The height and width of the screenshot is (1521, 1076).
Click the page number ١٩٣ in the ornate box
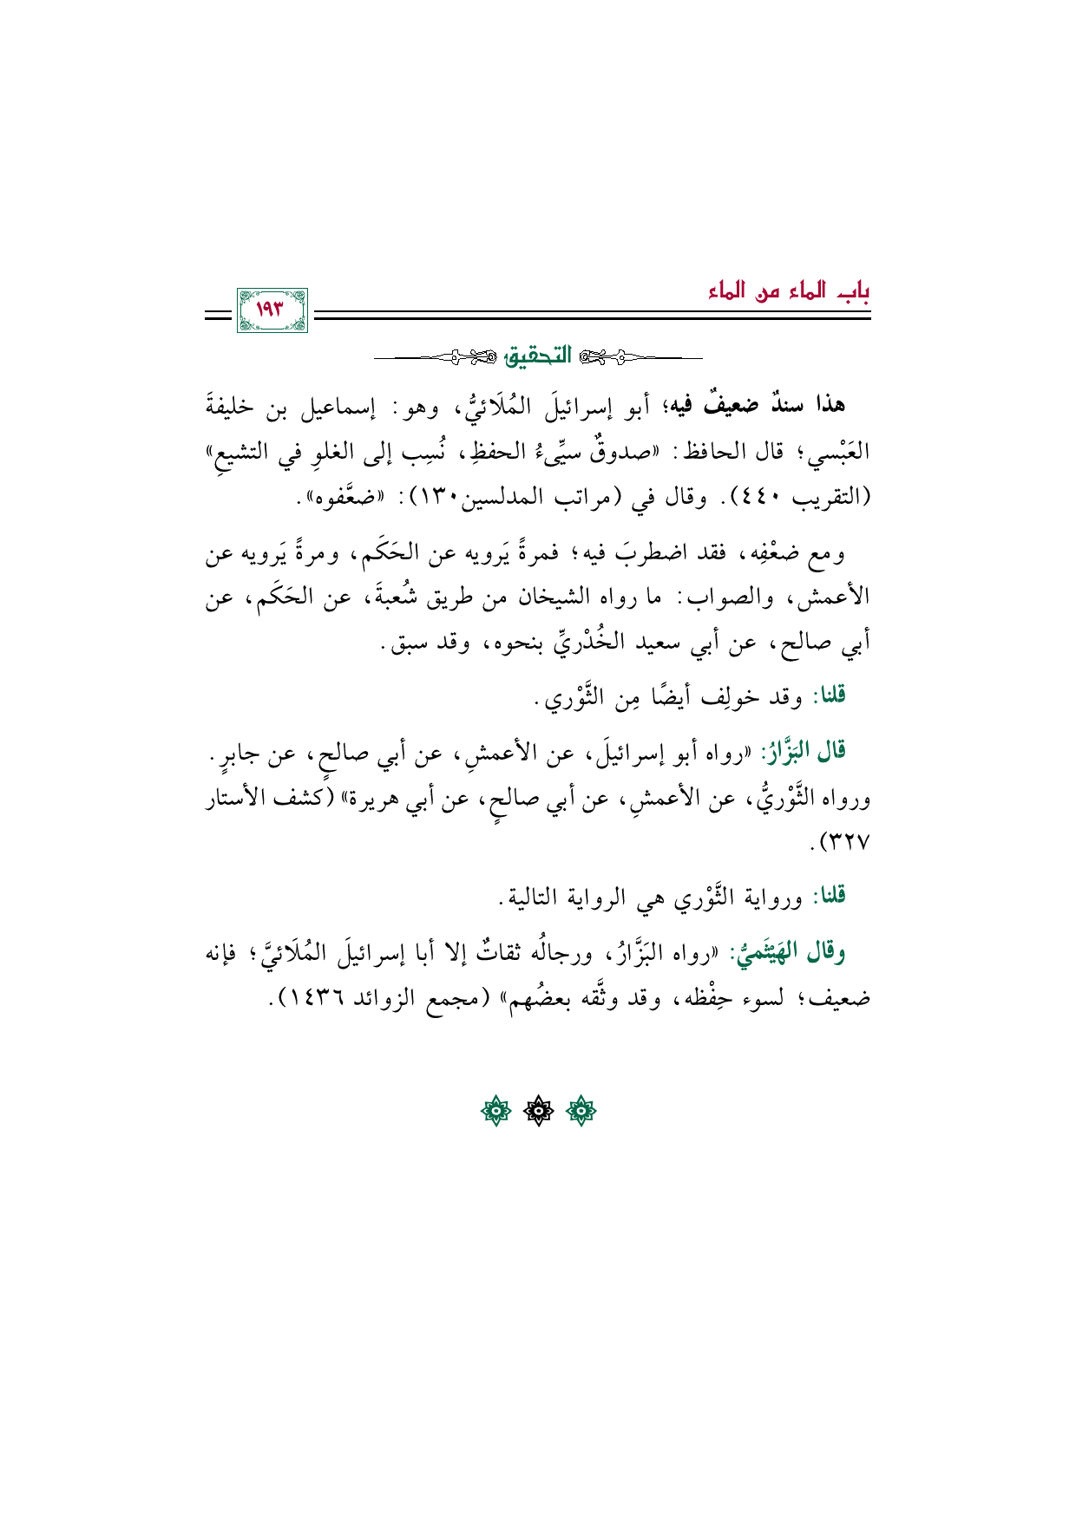point(272,310)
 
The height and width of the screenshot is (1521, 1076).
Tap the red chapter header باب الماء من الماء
point(788,291)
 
